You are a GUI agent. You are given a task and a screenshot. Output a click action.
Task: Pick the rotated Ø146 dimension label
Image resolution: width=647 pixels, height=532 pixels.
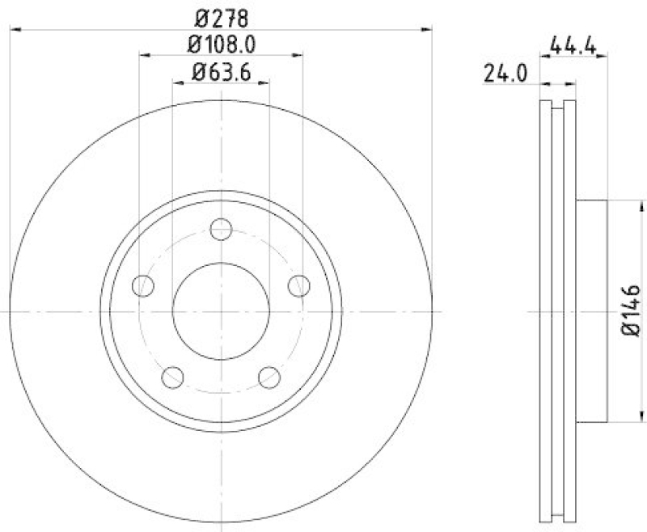pyautogui.click(x=632, y=310)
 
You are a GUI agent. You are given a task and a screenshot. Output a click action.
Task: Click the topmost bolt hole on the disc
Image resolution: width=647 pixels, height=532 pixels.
pyautogui.click(x=221, y=229)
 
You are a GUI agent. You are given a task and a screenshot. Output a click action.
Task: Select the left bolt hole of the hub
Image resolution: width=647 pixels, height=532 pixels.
pyautogui.click(x=144, y=285)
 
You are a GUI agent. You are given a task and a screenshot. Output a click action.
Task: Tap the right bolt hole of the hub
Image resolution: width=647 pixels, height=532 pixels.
pyautogui.click(x=298, y=285)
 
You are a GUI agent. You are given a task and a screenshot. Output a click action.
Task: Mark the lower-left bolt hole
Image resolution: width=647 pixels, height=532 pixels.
pyautogui.click(x=173, y=376)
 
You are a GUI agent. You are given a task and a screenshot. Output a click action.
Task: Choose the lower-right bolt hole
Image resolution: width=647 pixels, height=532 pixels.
pyautogui.click(x=269, y=376)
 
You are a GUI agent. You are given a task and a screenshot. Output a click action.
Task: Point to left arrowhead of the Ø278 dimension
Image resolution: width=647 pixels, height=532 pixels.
pyautogui.click(x=15, y=29)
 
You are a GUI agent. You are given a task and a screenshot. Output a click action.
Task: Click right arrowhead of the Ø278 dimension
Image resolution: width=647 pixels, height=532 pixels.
pyautogui.click(x=426, y=29)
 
